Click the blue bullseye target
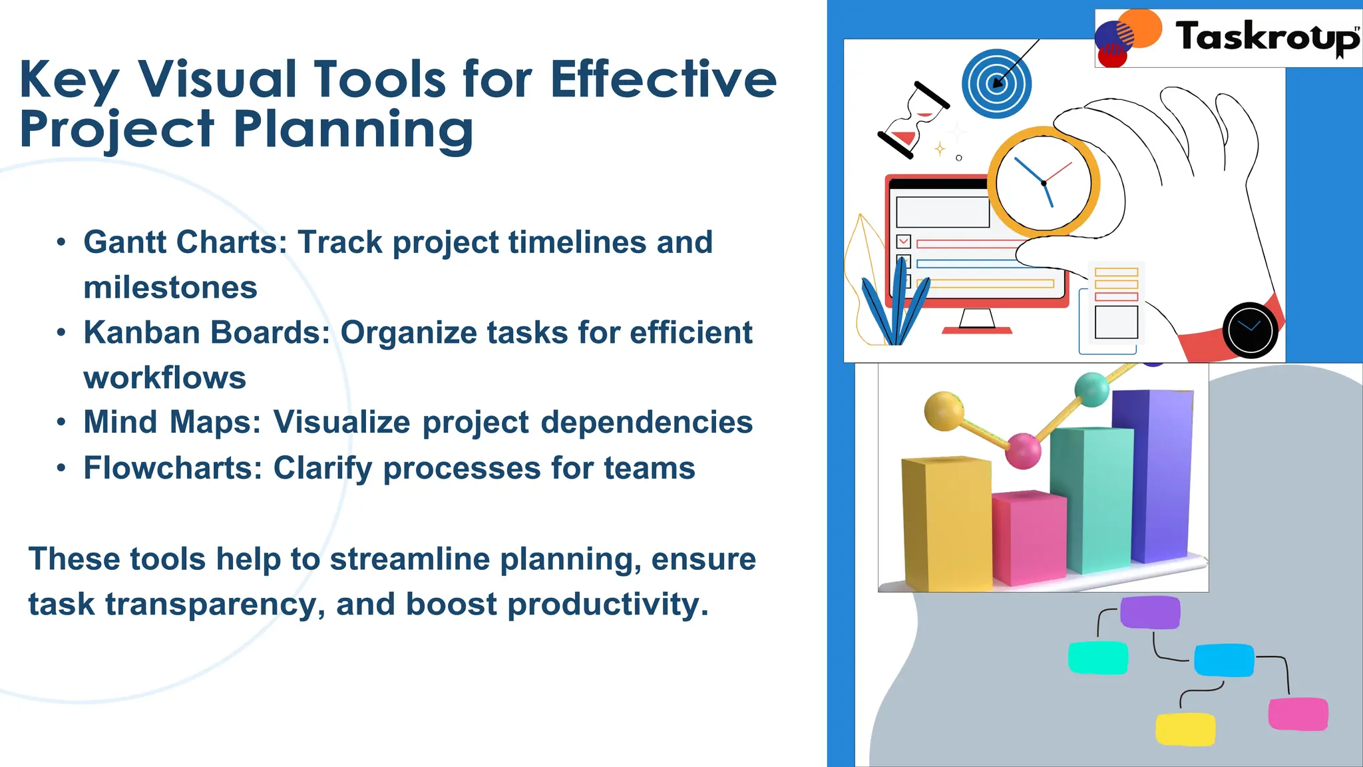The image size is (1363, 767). (x=996, y=84)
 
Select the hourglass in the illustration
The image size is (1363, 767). (x=914, y=121)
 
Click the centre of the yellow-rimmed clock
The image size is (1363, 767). (x=1043, y=182)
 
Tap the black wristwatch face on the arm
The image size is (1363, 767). (x=1250, y=330)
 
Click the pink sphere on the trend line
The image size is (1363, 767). (x=1023, y=450)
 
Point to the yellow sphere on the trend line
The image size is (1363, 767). (x=944, y=410)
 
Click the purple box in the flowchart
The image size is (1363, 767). (x=1150, y=613)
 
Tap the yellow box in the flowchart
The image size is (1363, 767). (x=1185, y=729)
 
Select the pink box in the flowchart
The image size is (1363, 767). (x=1298, y=714)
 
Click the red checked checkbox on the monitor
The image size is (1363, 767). (x=904, y=242)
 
